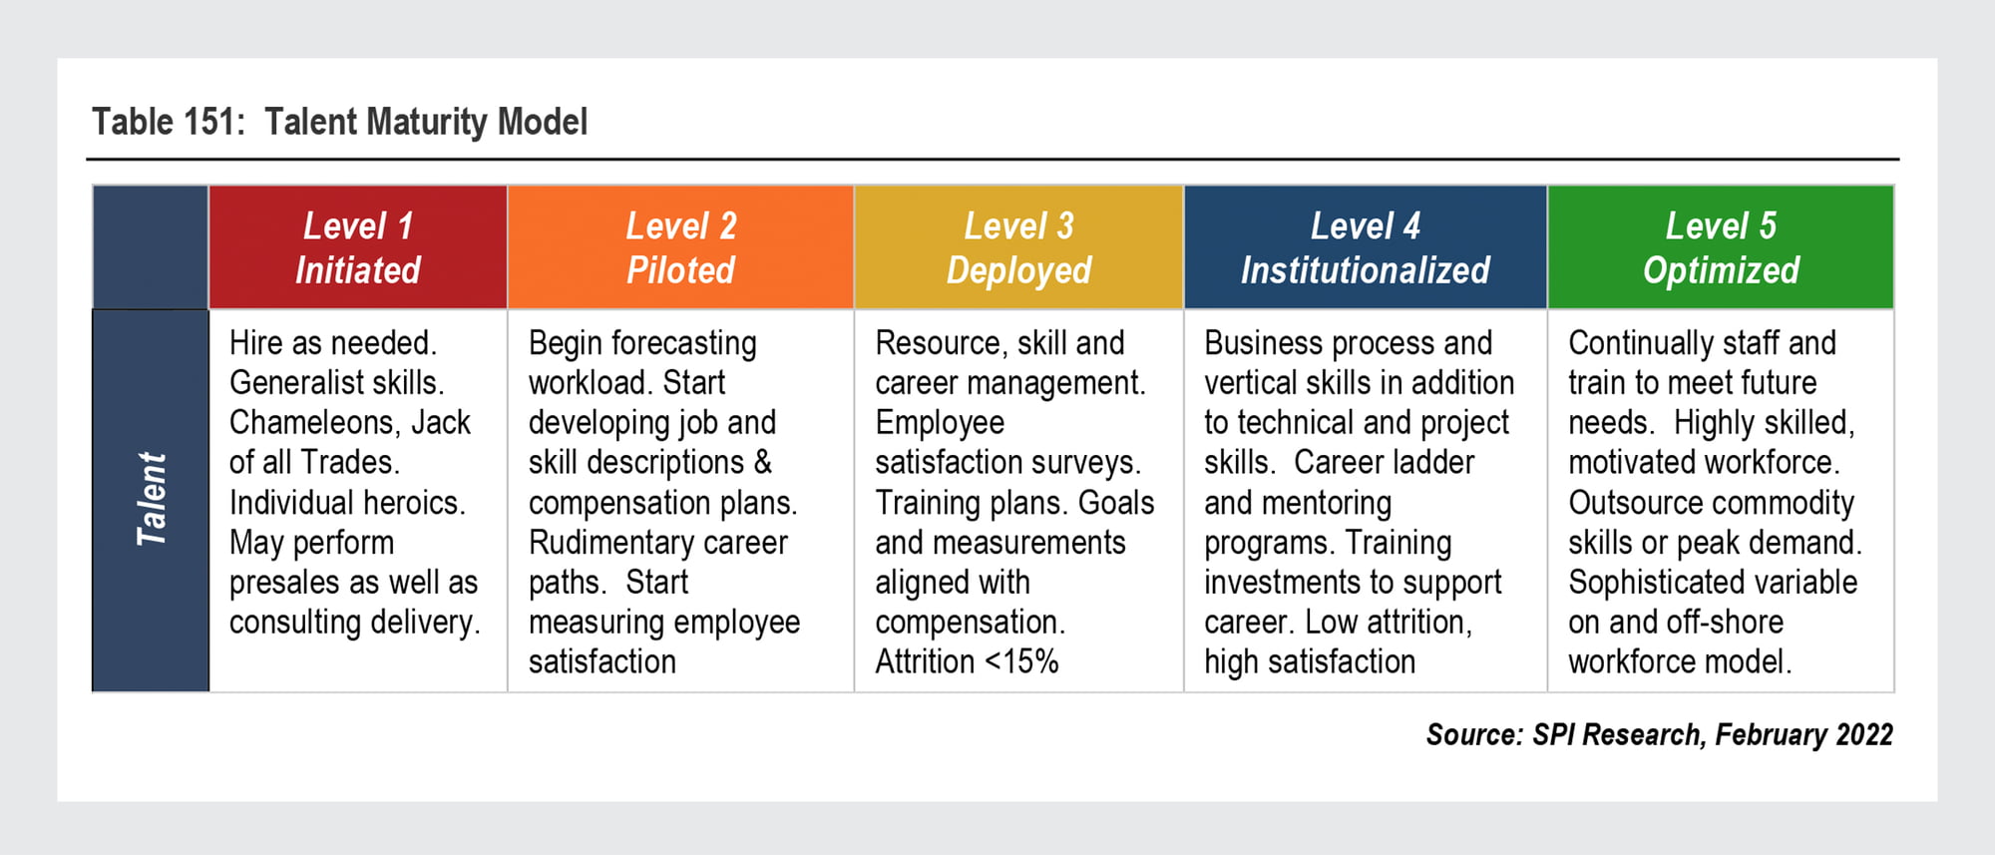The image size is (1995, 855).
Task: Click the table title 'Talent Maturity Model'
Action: click(x=426, y=123)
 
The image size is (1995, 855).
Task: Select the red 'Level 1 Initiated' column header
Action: click(x=358, y=247)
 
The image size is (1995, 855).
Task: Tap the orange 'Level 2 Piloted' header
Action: click(x=680, y=247)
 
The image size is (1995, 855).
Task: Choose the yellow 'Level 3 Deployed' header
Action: click(x=1018, y=247)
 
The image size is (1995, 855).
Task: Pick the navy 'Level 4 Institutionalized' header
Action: click(x=1366, y=247)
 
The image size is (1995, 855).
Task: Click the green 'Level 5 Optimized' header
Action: click(x=1721, y=247)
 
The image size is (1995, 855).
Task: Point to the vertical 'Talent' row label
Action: click(x=152, y=499)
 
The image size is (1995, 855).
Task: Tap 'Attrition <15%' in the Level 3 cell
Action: click(x=967, y=661)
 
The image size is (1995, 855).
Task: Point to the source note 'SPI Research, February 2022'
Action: click(x=1712, y=735)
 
